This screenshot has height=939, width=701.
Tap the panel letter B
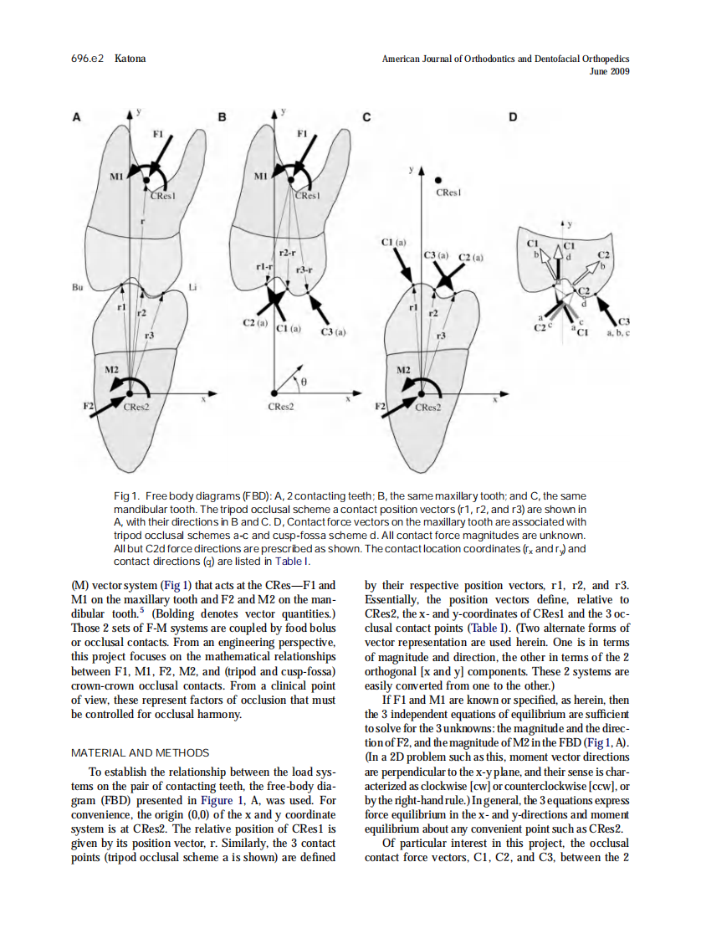pos(222,118)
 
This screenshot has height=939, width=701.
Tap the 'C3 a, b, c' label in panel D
pos(622,327)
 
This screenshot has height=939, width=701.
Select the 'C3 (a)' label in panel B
pos(334,332)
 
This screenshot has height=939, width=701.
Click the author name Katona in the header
pos(130,59)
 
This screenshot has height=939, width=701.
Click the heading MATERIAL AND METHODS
pos(140,752)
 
